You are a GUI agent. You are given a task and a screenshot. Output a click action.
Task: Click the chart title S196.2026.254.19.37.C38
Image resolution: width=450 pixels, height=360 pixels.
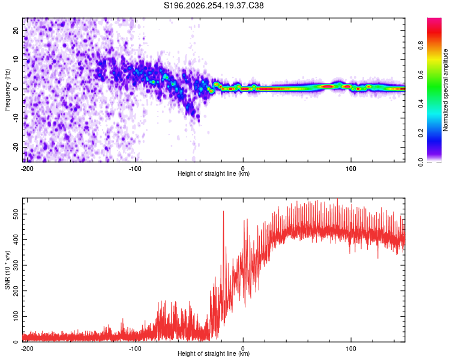coord(214,5)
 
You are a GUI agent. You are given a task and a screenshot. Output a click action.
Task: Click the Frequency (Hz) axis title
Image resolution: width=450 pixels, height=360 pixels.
coord(7,90)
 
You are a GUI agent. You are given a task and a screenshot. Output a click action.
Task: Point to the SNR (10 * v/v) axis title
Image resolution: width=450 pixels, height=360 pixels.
coord(7,270)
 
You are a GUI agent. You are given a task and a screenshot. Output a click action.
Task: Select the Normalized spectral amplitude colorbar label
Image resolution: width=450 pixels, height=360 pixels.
coord(445,90)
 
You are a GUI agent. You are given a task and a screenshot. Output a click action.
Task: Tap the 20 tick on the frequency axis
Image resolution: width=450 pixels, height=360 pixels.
coord(16,30)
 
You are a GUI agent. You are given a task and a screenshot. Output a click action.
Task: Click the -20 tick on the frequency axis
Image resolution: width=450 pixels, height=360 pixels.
coord(16,147)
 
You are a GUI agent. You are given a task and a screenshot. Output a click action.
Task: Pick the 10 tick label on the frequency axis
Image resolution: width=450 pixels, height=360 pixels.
coord(16,59)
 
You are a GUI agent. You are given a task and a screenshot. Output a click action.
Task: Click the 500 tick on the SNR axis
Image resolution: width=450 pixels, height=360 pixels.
coord(16,214)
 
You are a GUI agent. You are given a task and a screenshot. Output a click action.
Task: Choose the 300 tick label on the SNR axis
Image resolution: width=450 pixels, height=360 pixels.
coord(16,265)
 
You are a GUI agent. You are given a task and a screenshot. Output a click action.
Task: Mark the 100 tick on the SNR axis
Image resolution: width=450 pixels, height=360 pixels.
coord(16,316)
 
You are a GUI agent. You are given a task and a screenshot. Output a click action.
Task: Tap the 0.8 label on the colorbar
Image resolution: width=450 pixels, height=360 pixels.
coord(421,46)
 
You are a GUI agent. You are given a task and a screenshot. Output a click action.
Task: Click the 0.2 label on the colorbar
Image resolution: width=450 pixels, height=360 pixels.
coord(421,133)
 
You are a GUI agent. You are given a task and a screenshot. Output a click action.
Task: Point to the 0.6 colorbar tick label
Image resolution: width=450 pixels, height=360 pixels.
coord(421,74)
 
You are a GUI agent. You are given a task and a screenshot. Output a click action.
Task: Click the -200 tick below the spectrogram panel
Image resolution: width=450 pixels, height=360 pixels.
coord(27,169)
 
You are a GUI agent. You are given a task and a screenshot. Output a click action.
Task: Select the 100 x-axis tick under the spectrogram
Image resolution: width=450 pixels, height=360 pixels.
coord(351,169)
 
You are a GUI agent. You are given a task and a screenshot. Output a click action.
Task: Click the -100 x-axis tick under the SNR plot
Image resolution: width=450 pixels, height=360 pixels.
coord(135,349)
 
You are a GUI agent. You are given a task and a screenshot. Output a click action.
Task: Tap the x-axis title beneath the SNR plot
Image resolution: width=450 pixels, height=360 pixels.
coord(214,353)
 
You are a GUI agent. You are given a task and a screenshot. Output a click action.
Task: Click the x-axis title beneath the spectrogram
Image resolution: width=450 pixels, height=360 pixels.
coord(214,173)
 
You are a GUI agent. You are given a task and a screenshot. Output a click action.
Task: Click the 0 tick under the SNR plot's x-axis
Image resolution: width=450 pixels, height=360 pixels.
coord(243,349)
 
